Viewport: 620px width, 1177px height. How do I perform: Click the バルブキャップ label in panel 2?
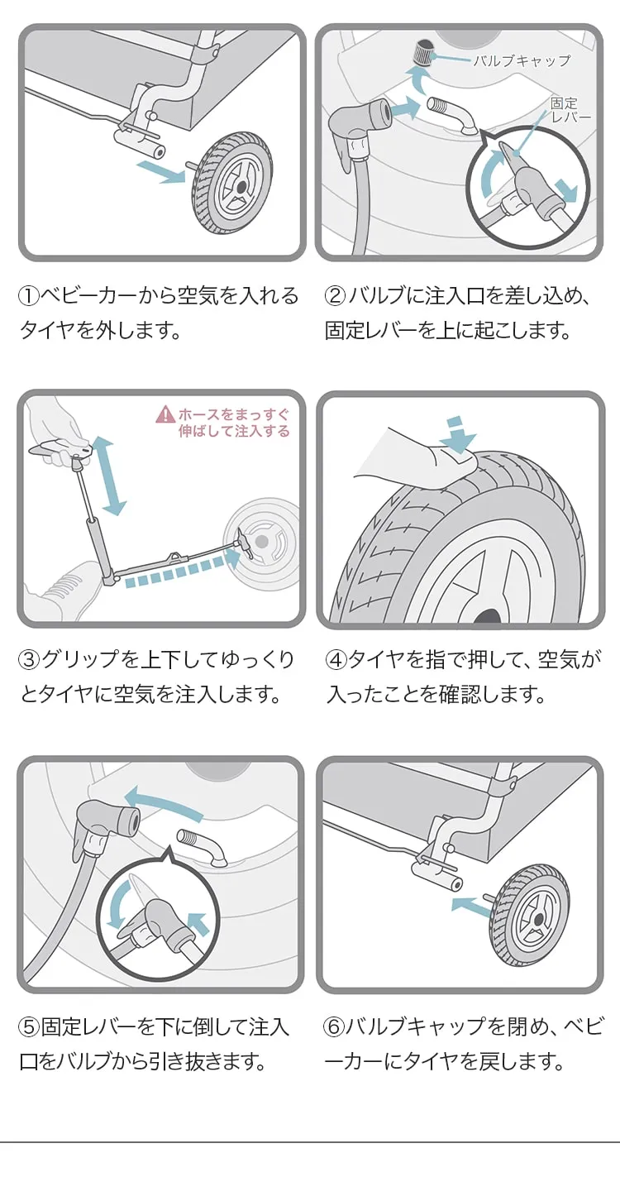click(x=522, y=60)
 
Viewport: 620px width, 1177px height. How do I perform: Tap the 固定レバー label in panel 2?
click(x=571, y=110)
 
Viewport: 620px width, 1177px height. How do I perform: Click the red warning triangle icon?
click(x=165, y=414)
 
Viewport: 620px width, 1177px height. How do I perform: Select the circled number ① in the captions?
click(x=30, y=296)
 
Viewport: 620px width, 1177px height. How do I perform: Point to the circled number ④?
click(x=336, y=659)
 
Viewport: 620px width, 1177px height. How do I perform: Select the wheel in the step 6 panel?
click(x=530, y=915)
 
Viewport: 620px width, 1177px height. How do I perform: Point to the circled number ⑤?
click(x=30, y=1026)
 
